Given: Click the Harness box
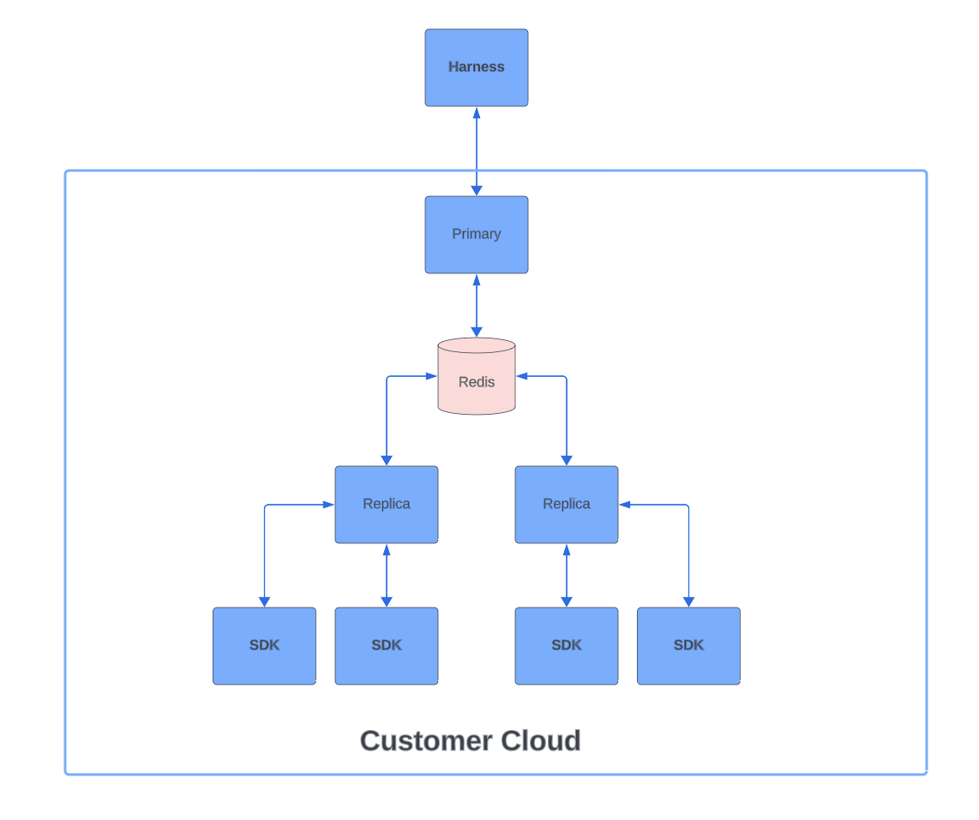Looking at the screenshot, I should (x=476, y=68).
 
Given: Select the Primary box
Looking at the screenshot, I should (x=476, y=235).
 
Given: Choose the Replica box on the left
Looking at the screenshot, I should (x=386, y=505).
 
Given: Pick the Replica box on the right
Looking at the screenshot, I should (x=566, y=505).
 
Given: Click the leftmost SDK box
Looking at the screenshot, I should (x=264, y=646).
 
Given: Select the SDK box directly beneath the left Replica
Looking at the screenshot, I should (x=386, y=646).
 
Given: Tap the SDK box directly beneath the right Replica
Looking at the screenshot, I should (x=566, y=646).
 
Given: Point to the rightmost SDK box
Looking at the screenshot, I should (x=688, y=646).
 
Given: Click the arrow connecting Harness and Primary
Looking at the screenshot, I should (x=477, y=152).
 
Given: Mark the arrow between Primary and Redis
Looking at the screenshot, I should (x=477, y=306).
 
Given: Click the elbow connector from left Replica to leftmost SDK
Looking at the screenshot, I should (x=265, y=548).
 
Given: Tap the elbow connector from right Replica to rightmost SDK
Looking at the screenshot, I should (x=688, y=548).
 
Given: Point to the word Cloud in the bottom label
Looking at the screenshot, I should (x=540, y=740).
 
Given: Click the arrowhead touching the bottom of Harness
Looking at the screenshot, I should (x=477, y=113).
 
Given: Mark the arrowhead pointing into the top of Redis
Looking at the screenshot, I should (x=477, y=332).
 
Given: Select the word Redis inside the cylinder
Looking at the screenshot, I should (x=477, y=382).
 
